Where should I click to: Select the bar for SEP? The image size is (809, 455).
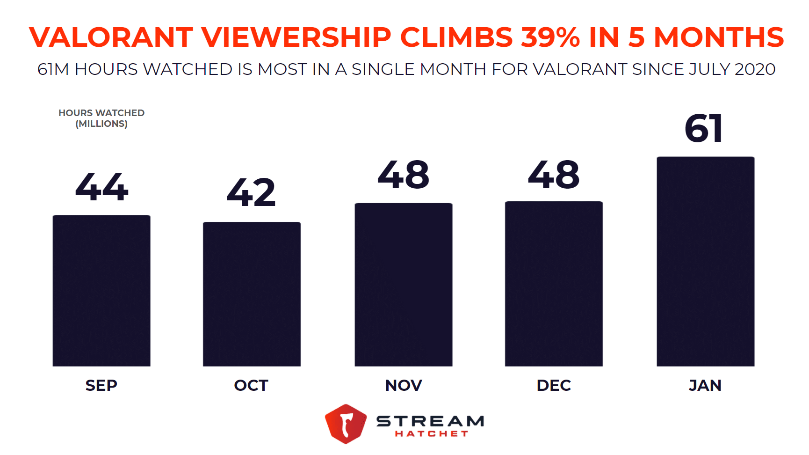point(101,291)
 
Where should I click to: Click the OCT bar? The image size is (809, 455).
point(252,294)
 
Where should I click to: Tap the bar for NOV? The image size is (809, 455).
point(404,285)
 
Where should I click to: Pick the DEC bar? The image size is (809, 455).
point(554,284)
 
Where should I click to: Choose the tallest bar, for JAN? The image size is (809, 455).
point(705,261)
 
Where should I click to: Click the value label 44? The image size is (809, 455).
point(101,187)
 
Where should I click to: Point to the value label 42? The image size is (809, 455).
point(252,192)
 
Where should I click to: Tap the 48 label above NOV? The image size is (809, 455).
point(404,175)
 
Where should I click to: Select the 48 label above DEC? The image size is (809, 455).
point(554,175)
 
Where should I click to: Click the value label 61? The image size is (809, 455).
point(704,128)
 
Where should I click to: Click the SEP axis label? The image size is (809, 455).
point(101,385)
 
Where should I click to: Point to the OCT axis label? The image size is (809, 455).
point(251,385)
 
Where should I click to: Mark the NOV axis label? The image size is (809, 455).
point(404,385)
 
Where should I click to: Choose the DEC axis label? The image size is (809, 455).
point(554,385)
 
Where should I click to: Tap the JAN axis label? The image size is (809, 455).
point(705,385)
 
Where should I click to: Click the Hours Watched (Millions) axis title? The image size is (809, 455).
point(101,118)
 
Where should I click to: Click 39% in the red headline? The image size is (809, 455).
point(550,37)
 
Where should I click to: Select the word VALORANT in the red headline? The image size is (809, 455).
point(111,37)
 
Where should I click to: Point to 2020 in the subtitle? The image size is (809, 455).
point(755,69)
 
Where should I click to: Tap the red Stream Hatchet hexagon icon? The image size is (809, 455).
point(346,423)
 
